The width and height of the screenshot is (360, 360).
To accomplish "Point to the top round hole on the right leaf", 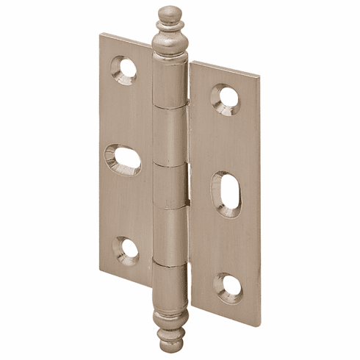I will click(x=226, y=97).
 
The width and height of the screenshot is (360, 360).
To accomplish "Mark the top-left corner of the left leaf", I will click(x=101, y=32).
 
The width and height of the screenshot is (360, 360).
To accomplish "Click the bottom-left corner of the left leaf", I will click(x=101, y=270).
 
